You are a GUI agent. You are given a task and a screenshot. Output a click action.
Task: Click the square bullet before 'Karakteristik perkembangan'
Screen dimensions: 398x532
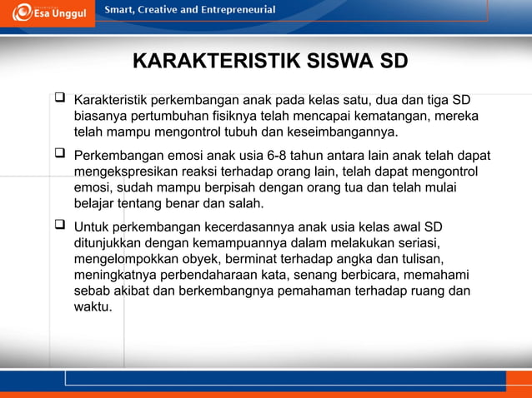[x=60, y=99]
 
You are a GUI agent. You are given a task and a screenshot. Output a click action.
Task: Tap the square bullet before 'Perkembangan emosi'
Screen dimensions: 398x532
[x=60, y=154]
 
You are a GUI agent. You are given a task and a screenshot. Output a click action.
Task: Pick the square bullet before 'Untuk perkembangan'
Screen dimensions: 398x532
[x=60, y=226]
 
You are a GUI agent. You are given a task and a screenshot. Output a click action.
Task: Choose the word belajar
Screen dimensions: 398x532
[x=96, y=203]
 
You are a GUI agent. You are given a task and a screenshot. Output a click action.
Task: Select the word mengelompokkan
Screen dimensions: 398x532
[x=128, y=259]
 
